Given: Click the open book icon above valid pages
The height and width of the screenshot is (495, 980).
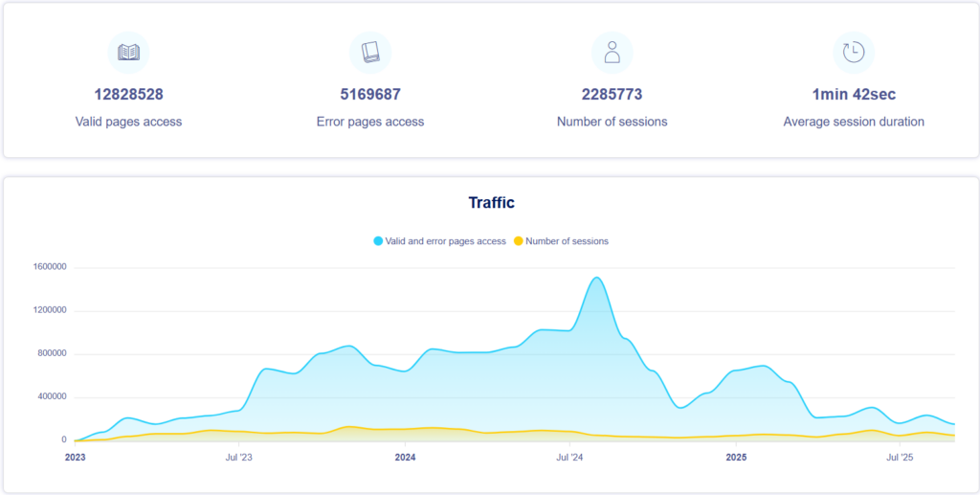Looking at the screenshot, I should (128, 52).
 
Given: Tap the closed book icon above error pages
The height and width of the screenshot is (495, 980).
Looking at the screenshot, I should (370, 52).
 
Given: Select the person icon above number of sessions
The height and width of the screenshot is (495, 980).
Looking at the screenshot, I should (612, 52).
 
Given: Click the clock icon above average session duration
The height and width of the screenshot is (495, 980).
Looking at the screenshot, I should (854, 52).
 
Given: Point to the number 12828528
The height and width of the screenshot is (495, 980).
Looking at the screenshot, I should (128, 95).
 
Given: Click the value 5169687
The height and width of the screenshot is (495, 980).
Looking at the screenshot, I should (370, 95).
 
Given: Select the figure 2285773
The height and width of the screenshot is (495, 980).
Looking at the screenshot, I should (612, 95).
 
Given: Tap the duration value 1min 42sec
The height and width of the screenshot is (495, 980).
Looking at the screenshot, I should (854, 95).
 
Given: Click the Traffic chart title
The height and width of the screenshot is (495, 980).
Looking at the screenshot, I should (491, 203).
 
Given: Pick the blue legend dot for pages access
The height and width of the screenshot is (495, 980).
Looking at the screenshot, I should (378, 241).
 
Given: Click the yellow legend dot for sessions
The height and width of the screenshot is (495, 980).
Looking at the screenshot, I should (519, 241).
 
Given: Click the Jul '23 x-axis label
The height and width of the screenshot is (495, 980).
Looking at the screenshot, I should (239, 458).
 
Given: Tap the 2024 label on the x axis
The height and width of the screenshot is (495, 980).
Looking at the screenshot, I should (405, 458).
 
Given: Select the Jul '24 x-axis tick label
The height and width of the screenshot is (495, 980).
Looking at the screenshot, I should (569, 458).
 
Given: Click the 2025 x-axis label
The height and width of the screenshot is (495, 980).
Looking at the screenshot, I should (736, 458).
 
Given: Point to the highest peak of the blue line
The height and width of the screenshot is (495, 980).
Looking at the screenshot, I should (596, 278).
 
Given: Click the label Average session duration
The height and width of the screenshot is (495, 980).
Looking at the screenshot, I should (854, 122).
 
